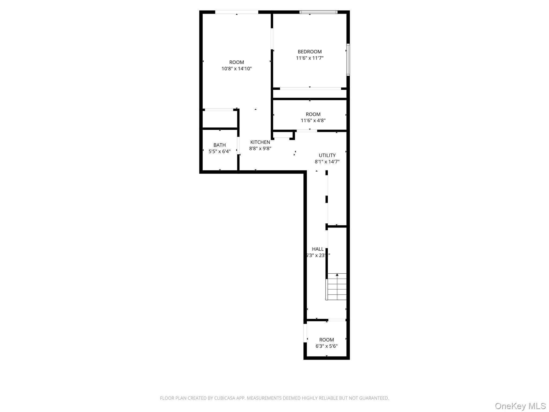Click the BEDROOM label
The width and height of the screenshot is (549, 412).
310,52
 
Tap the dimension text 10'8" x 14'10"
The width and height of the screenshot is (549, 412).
236,69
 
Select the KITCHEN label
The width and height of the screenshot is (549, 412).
260,142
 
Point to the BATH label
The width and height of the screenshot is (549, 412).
220,145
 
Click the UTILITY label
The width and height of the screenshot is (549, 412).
327,155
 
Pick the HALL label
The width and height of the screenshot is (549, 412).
318,249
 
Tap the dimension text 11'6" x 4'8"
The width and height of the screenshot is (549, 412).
313,121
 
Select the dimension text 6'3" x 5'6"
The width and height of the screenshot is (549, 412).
326,346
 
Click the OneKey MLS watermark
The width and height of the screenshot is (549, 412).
520,406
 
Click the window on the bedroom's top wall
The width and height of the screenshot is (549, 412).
318,12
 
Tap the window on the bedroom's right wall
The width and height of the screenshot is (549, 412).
348,60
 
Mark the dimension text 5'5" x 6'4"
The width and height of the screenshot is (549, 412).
220,152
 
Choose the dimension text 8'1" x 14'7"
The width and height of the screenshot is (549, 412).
327,162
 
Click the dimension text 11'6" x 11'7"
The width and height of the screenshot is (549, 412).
310,58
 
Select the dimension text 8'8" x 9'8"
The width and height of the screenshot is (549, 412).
260,149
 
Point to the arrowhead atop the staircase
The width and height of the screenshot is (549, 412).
337,275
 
